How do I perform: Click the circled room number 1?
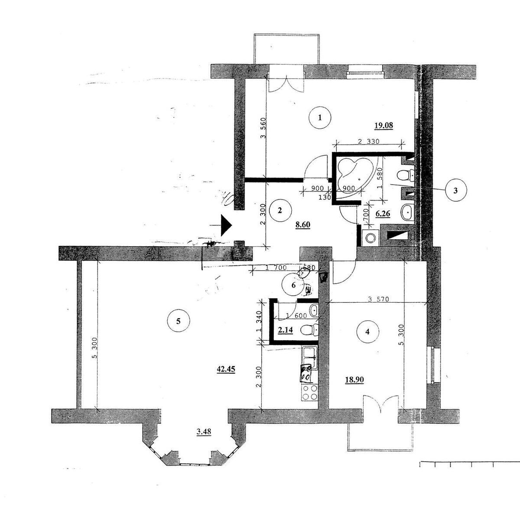click(x=320, y=117)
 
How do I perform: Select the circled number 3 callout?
click(x=454, y=190)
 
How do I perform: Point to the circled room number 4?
click(x=367, y=332)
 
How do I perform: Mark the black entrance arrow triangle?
click(x=225, y=225)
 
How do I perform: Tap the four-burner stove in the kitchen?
click(x=309, y=392)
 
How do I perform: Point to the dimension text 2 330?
click(x=369, y=141)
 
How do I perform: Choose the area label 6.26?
click(x=383, y=214)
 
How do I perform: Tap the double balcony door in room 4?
click(x=380, y=404)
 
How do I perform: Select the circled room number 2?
click(x=279, y=211)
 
